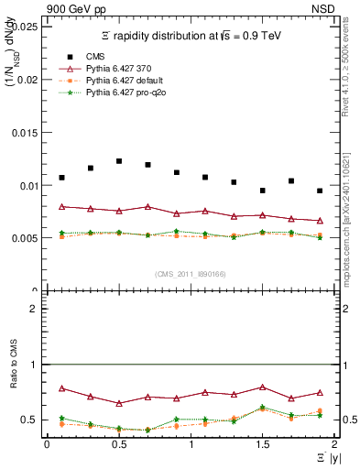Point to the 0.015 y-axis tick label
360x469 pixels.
pos(24,132)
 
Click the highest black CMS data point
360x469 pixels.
pos(119,161)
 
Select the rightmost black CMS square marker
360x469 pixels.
pos(320,191)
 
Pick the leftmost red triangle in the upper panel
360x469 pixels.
pos(61,207)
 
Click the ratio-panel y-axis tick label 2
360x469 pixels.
pos(34,309)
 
